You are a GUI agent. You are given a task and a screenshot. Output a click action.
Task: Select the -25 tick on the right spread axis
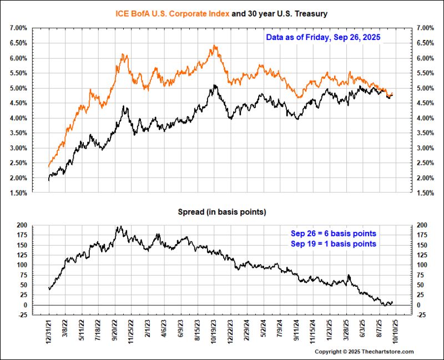tap(420, 315)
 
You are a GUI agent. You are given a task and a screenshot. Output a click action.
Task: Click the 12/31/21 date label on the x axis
tap(49, 329)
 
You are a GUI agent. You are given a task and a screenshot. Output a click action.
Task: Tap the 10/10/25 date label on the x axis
tap(396, 329)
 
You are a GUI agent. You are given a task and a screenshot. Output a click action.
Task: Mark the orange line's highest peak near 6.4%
tap(214, 46)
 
